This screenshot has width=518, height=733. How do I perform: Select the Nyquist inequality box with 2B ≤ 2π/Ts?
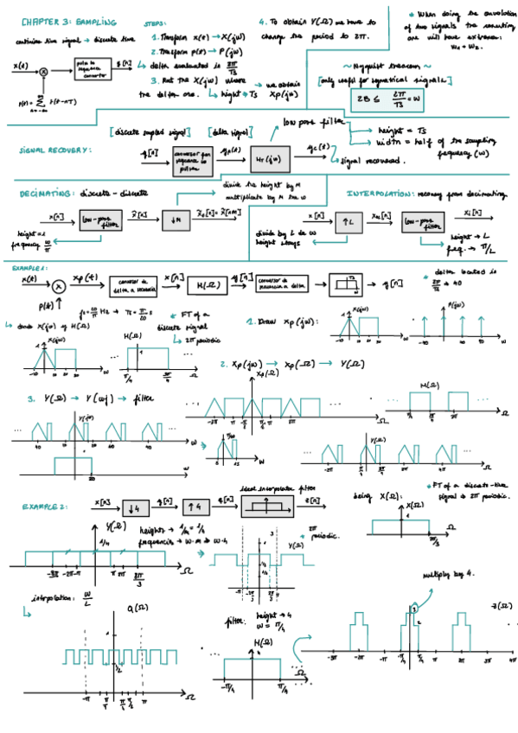[386, 99]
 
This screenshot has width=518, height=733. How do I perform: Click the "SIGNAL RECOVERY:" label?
[54, 150]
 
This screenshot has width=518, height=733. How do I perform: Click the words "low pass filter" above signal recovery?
[312, 123]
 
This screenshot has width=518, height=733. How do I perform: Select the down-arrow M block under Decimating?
[176, 221]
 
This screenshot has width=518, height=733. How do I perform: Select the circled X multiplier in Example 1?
[58, 285]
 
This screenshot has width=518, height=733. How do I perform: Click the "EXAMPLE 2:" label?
[45, 507]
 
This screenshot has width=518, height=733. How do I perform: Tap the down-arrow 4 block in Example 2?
[135, 507]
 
